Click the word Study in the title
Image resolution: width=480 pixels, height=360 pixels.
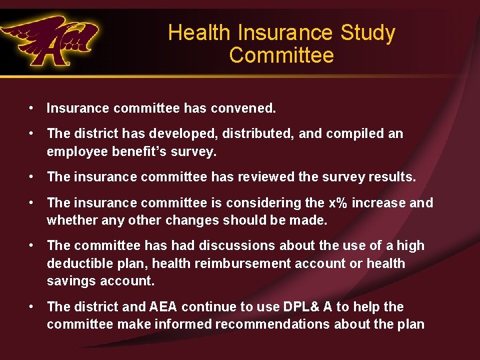368,33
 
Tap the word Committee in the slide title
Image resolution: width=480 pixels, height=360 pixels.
281,55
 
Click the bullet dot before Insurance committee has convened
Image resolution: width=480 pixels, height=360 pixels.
31,107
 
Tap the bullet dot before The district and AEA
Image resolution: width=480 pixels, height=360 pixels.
31,307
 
